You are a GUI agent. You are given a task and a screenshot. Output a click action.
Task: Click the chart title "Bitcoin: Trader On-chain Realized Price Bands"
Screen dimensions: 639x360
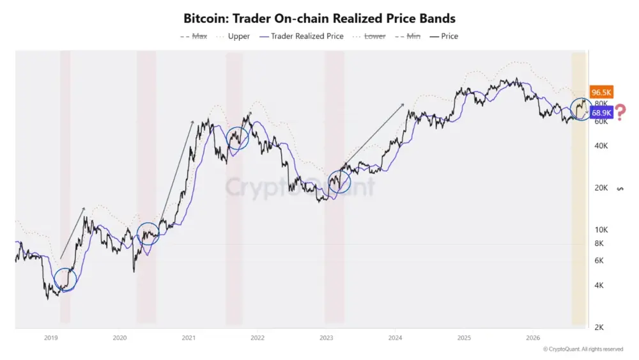(x=319, y=19)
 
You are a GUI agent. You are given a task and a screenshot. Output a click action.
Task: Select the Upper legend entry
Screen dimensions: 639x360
(x=233, y=36)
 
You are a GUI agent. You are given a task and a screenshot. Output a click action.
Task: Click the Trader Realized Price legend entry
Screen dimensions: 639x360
(x=302, y=36)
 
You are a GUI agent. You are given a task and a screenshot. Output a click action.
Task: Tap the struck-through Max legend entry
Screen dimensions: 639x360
(x=194, y=36)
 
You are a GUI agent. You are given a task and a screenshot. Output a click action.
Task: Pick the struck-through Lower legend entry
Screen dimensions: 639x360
(x=369, y=36)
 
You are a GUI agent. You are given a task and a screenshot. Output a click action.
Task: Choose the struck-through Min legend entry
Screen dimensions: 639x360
(x=408, y=36)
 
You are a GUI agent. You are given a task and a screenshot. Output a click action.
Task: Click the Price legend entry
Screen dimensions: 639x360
(x=444, y=36)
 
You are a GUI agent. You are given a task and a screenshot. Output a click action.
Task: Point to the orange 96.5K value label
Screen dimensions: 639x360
(x=601, y=92)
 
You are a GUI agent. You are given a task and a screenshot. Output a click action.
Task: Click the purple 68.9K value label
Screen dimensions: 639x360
(x=601, y=113)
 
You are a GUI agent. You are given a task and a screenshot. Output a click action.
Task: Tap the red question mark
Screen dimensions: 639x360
(x=620, y=113)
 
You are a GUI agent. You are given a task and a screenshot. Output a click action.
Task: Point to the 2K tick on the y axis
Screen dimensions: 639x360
(x=599, y=327)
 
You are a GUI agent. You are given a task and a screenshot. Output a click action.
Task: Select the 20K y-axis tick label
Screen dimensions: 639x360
(x=601, y=187)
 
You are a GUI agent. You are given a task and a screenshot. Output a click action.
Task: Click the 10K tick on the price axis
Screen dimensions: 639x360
(x=601, y=230)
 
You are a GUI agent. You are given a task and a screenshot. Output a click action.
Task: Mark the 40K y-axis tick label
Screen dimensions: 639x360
(x=601, y=146)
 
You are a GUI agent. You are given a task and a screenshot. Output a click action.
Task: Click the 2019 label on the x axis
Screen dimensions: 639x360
(x=51, y=338)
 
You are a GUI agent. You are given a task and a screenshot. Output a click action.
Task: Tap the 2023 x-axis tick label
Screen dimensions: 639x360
(x=326, y=338)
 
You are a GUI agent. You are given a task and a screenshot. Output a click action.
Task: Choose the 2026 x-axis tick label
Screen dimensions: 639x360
(x=533, y=338)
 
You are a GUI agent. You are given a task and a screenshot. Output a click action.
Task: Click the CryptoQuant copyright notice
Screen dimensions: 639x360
(x=583, y=349)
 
